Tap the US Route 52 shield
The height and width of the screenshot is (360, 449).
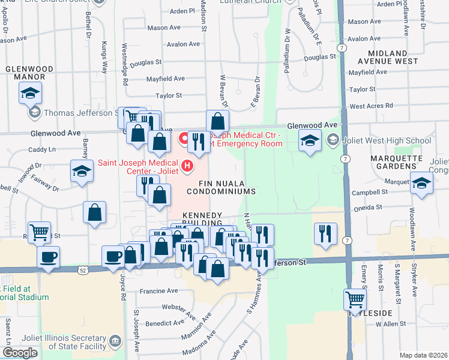click(82, 271)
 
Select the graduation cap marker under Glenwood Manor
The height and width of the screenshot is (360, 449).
click(30, 94)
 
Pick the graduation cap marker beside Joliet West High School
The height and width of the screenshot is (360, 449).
click(310, 141)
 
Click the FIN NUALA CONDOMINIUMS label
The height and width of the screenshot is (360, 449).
click(221, 186)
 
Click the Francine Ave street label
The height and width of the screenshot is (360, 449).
click(158, 291)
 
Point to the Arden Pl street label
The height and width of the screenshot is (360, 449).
click(182, 11)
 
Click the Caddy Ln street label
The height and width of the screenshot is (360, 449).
click(41, 149)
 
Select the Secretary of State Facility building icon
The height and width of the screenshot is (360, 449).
click(115, 342)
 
